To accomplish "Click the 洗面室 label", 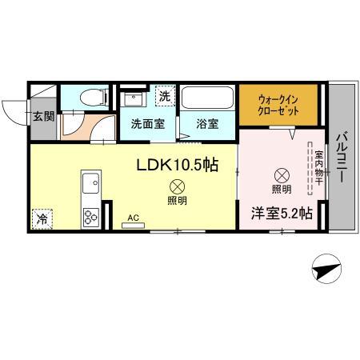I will click(x=148, y=125).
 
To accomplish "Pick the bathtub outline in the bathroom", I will click(x=206, y=98).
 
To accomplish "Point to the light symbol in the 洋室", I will click(x=282, y=174).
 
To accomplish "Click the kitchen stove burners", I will click(x=90, y=215).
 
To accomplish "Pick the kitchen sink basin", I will click(x=90, y=180).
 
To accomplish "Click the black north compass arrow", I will click(x=326, y=272).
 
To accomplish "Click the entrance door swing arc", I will click(x=14, y=112).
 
